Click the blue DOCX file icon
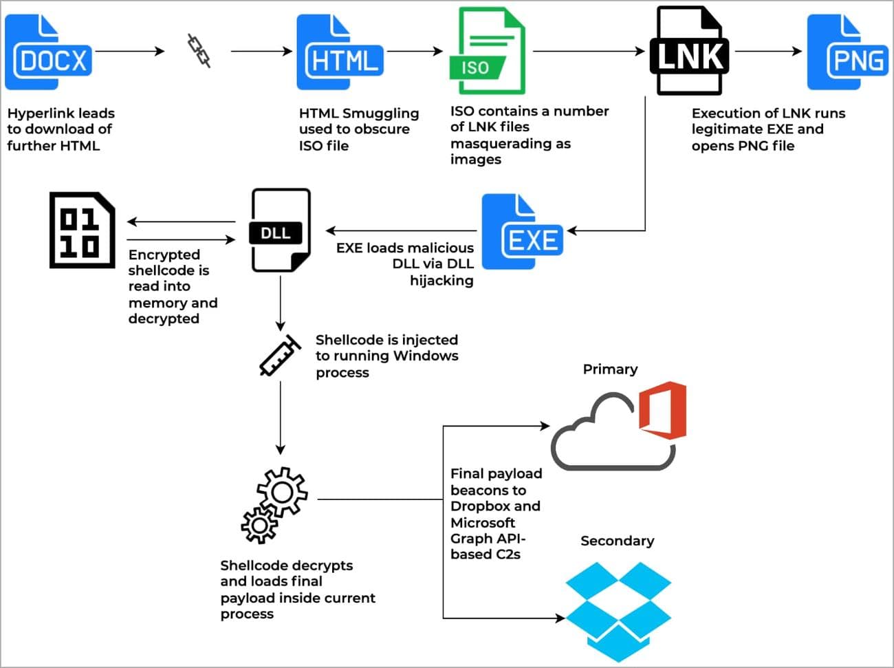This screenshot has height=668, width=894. click(x=48, y=53)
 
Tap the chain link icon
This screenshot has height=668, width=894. click(x=199, y=51)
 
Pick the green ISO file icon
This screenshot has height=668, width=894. click(x=487, y=52)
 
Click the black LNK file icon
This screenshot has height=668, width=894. click(x=688, y=52)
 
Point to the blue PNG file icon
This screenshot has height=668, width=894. click(x=847, y=53)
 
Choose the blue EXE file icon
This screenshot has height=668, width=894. click(x=522, y=232)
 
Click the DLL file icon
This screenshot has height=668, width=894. click(x=280, y=230)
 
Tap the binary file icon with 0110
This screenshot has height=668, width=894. click(x=82, y=230)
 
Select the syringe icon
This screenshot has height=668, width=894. click(x=280, y=356)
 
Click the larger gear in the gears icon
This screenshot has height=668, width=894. click(x=283, y=491)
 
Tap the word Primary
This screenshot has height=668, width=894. click(x=610, y=369)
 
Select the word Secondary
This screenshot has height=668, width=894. click(x=617, y=541)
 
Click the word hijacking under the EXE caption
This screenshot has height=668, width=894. click(x=441, y=280)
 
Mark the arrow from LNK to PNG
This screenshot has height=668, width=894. click(x=767, y=51)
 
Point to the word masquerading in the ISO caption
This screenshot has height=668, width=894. click(x=510, y=143)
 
